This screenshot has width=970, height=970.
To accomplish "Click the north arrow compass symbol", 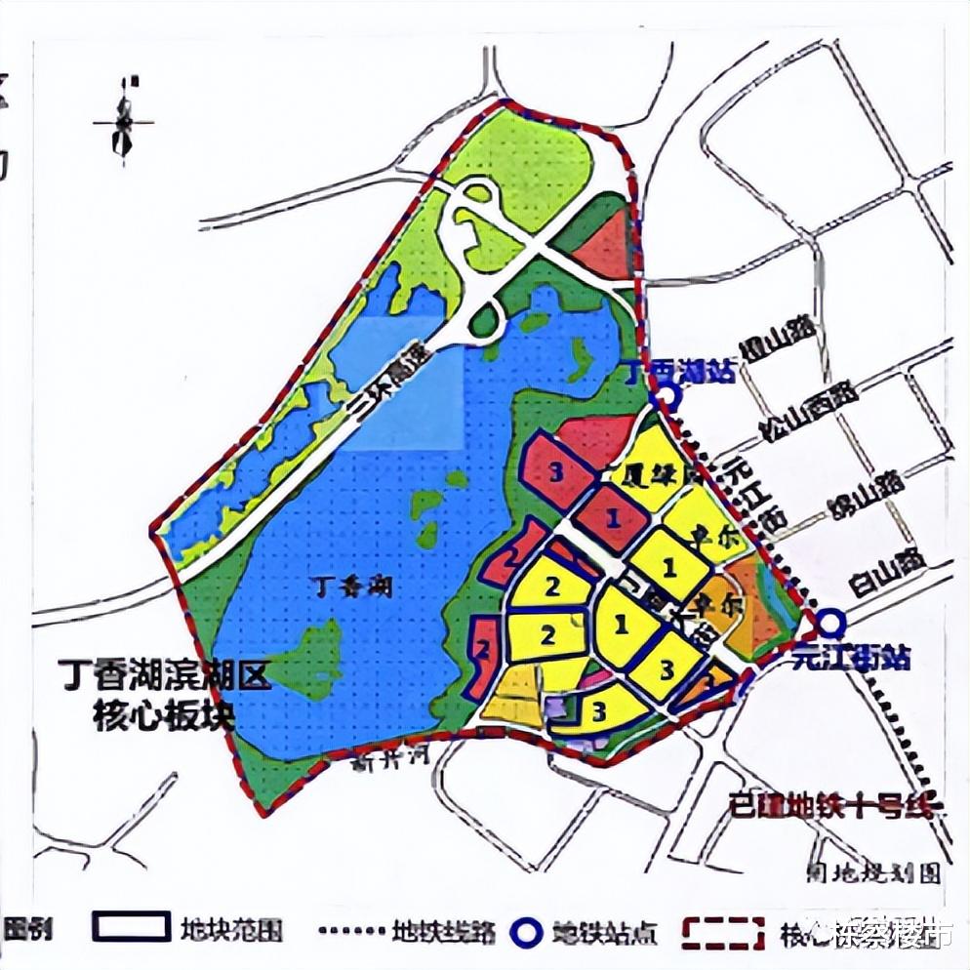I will point(123,121).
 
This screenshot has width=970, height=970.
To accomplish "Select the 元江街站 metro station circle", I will point(830,622).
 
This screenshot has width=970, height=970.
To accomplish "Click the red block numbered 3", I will point(557,472).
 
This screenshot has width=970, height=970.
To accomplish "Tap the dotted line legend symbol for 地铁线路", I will point(352,930).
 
